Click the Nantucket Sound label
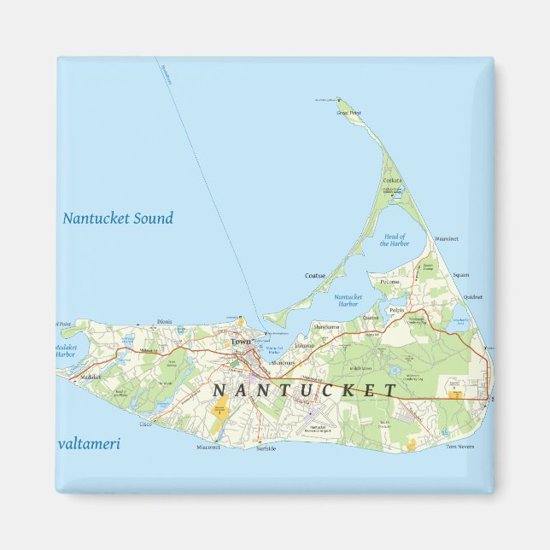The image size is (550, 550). coord(118,218)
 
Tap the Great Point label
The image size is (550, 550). coord(348,112)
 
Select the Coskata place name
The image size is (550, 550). coord(392,180)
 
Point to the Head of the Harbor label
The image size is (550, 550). coord(395,240)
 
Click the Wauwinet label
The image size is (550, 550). coord(447,238)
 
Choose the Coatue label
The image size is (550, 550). coord(315,275)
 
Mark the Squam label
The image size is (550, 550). coord(461,275)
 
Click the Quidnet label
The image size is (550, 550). coord(473,297)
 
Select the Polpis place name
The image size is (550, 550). coord(395,309)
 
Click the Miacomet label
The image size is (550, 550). coord(208,447)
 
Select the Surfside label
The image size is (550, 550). coord(265,448)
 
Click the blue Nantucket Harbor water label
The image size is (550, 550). coord(348,301)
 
